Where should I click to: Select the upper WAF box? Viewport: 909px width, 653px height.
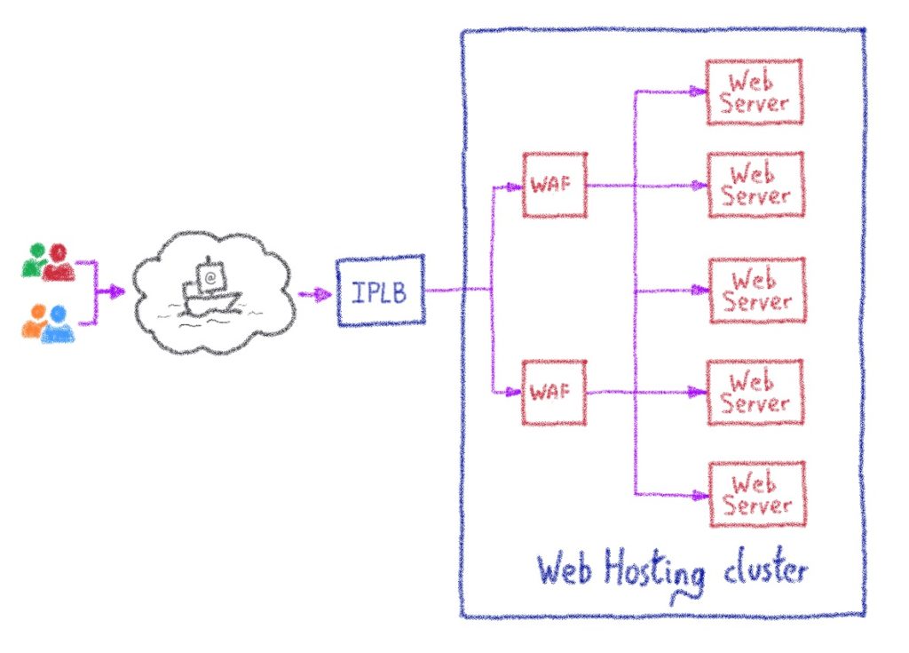[x=553, y=185]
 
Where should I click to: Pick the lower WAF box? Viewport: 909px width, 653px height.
[x=553, y=391]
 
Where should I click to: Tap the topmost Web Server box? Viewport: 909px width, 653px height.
[x=755, y=92]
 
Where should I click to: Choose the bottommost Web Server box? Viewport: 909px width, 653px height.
[x=755, y=494]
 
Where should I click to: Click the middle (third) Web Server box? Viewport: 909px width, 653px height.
[x=755, y=291]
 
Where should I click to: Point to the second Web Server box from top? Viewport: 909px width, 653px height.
[x=755, y=185]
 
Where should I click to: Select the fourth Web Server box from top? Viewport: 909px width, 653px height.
[x=755, y=392]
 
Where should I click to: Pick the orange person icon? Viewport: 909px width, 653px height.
[x=34, y=324]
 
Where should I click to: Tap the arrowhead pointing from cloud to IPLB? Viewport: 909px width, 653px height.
[x=322, y=292]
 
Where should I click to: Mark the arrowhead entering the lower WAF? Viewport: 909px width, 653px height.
[x=514, y=392]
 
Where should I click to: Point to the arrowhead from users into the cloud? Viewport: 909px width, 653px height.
[x=117, y=291]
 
